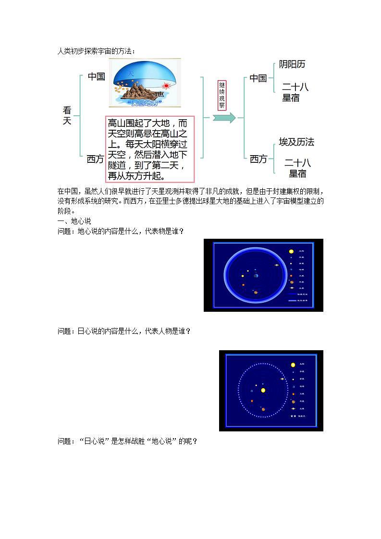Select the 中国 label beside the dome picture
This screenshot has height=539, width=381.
point(96,76)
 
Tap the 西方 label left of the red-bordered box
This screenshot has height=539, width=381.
point(95,159)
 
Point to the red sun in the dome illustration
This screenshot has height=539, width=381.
point(167,86)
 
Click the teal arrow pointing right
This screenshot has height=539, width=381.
point(224,118)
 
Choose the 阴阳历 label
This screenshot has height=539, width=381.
point(292,64)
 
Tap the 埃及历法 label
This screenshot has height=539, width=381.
point(296,142)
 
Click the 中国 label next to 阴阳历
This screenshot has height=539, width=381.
point(258,78)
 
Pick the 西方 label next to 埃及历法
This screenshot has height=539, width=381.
point(258,159)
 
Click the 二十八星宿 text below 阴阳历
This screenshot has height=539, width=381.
point(295,92)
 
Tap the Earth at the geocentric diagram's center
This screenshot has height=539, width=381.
point(256,276)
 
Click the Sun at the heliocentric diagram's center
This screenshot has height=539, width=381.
point(263,390)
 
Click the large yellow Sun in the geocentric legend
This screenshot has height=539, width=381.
point(291,251)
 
